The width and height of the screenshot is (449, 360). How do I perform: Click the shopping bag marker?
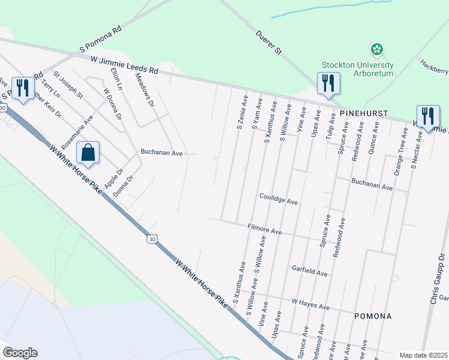point(88,154)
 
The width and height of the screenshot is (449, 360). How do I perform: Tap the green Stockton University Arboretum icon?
point(377,49)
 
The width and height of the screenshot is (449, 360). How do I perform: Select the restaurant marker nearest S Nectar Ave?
point(428,116)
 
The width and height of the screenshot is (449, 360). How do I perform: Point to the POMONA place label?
point(373,316)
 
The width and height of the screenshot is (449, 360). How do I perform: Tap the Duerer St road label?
point(268,42)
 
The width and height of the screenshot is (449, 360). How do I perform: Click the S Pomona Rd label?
point(100,37)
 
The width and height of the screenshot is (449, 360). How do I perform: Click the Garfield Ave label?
point(310,270)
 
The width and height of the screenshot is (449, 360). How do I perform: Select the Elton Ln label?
point(116,79)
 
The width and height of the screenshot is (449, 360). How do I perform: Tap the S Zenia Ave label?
point(241,112)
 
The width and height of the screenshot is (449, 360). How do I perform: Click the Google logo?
point(20,353)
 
